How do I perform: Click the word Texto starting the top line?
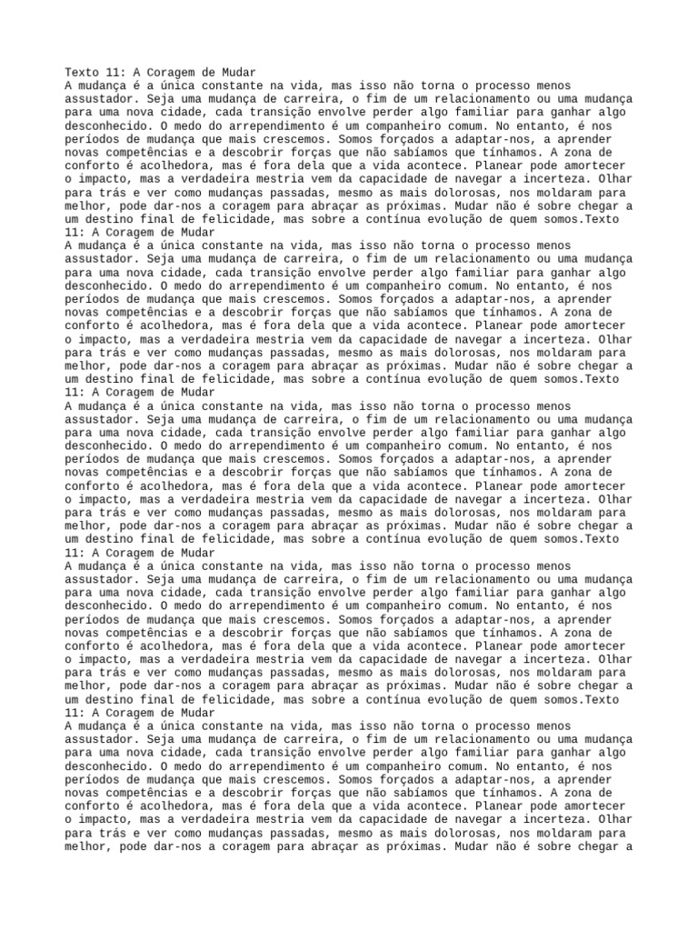point(82,72)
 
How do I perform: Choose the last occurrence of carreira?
point(313,740)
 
